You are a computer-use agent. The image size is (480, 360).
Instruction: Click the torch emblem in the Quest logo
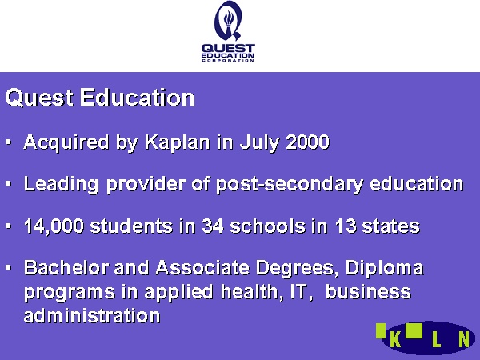click(228, 21)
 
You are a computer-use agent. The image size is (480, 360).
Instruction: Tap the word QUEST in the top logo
click(228, 48)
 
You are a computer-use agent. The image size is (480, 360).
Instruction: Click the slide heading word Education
click(138, 98)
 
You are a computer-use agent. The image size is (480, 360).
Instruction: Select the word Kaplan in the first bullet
click(178, 142)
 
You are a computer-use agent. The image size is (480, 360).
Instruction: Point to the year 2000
click(308, 142)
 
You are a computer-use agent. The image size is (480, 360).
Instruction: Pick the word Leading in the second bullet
click(62, 185)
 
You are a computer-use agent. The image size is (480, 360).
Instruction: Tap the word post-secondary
click(290, 185)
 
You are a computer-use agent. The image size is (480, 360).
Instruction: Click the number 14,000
click(54, 227)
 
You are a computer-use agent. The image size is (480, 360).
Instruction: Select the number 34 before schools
click(213, 226)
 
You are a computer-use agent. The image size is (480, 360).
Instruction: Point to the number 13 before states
click(346, 226)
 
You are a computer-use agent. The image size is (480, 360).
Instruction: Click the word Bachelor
click(66, 268)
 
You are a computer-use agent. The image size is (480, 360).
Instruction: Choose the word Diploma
click(385, 269)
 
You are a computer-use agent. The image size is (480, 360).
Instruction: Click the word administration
click(92, 315)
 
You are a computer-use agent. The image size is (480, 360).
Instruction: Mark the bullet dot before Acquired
click(9, 142)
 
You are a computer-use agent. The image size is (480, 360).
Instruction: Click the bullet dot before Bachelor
click(9, 268)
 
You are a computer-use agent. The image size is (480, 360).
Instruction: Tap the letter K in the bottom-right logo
click(395, 340)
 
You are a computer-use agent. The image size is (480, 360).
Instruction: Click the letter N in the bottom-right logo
click(464, 340)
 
